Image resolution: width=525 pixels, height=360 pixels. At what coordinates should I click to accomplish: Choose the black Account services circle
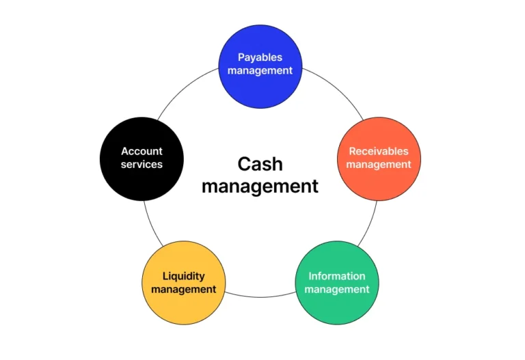[142, 178]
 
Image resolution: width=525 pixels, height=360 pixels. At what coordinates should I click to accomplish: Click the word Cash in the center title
[260, 164]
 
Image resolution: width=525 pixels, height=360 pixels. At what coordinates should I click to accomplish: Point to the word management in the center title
[260, 186]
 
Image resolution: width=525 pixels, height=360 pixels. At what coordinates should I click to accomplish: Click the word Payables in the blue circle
[260, 57]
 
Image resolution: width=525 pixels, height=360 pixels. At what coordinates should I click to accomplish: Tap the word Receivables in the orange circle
[379, 152]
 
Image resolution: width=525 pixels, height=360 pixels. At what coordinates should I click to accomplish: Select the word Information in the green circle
[336, 276]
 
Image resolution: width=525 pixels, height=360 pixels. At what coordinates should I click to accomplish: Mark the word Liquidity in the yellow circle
[183, 276]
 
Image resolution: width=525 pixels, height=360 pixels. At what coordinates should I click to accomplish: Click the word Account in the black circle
[142, 151]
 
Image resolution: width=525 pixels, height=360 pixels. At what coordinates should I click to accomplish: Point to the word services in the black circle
[142, 165]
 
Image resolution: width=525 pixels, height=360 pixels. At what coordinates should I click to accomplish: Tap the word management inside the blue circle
[260, 70]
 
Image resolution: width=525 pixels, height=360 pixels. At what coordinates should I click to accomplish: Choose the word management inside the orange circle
[379, 165]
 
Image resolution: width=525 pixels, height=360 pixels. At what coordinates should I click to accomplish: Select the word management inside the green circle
[336, 290]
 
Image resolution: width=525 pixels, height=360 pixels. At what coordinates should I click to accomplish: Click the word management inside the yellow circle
[183, 290]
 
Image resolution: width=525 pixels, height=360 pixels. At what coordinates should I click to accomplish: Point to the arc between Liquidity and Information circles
[260, 296]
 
